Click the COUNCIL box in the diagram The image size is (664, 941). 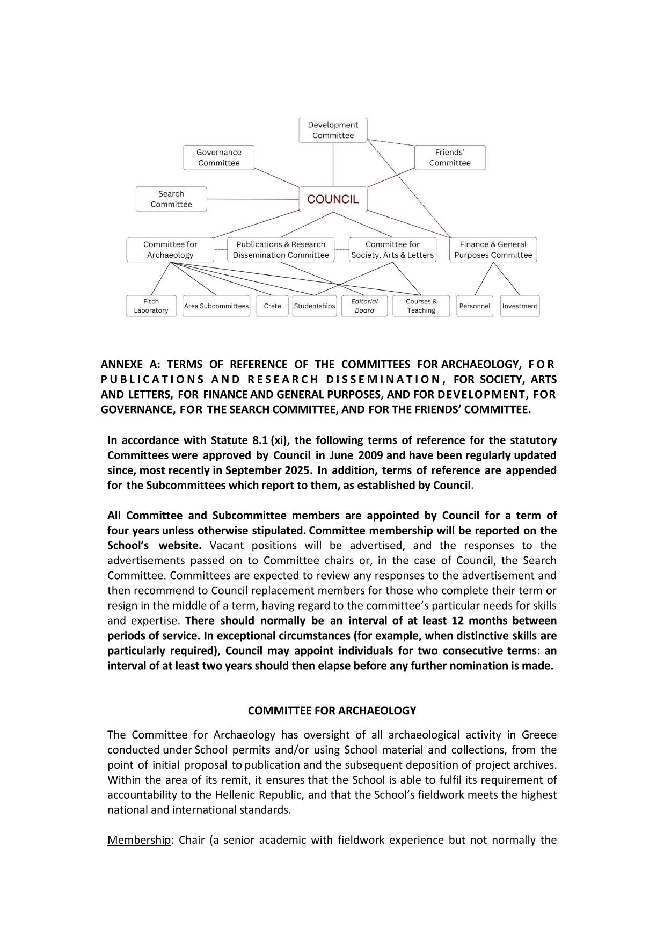(x=333, y=199)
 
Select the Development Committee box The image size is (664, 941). (x=333, y=131)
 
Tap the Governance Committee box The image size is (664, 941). (x=218, y=158)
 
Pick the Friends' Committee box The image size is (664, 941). (x=450, y=158)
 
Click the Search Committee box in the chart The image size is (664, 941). (x=171, y=199)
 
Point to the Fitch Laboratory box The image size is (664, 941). (x=151, y=306)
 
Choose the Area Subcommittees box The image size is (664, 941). (x=216, y=306)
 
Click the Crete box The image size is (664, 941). (x=272, y=306)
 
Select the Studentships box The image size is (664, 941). (x=315, y=306)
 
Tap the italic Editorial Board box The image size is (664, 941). (x=364, y=306)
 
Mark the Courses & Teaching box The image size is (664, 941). (x=421, y=306)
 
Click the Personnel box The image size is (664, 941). (x=475, y=306)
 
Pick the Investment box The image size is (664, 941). (x=520, y=306)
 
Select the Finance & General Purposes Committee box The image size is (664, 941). (x=493, y=250)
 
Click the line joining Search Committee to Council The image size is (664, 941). (x=252, y=199)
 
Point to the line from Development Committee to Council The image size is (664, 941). (x=333, y=164)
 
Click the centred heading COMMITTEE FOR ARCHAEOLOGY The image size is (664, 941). (x=332, y=711)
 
